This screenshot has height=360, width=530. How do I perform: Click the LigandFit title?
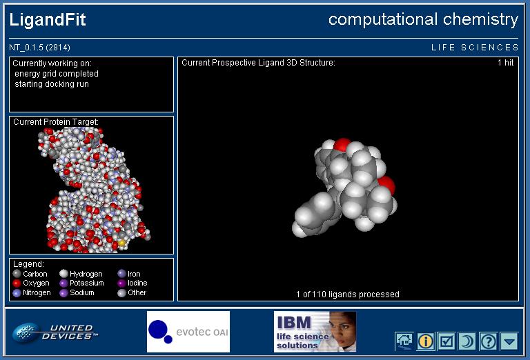pos(48,19)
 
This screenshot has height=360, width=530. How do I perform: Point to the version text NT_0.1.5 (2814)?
pos(39,48)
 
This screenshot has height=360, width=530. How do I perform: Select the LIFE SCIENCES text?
pos(475,48)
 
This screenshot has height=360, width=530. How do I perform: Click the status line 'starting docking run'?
pos(52,84)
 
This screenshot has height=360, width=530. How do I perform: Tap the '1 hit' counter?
pos(505,63)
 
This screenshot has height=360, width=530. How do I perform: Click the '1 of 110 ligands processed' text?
pos(348,294)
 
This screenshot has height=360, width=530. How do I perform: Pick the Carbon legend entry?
pos(30,274)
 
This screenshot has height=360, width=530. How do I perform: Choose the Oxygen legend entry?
pos(31,283)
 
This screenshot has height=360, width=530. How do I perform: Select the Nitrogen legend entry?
pos(32,292)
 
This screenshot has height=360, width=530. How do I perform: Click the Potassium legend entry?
pos(82,283)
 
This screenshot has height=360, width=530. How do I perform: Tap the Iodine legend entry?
pos(132,283)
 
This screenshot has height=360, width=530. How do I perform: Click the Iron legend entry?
pos(129,274)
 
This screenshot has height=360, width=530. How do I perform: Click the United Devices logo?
pos(55,332)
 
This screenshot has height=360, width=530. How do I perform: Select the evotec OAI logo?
pos(188,332)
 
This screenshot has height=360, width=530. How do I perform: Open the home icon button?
pos(404,341)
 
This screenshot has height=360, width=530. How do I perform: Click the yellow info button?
pos(426,341)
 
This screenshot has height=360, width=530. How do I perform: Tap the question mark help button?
pos(489,341)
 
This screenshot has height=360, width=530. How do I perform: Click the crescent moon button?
pos(467,341)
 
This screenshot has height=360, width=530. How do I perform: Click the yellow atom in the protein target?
pos(121,242)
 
